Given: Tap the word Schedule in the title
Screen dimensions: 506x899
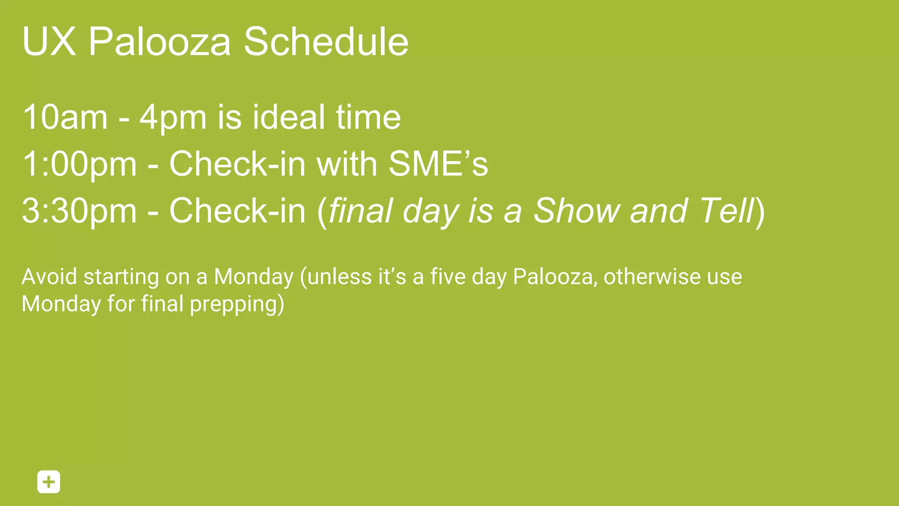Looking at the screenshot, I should (326, 42).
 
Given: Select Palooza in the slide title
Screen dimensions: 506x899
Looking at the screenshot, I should (159, 42).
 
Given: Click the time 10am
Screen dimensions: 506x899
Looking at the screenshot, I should (65, 117).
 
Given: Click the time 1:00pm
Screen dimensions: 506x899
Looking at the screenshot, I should (79, 164).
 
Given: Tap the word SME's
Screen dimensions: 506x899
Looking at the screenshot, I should (438, 163).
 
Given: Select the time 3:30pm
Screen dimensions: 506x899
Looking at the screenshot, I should (79, 211).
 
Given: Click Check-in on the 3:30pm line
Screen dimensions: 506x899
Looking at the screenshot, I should (237, 211).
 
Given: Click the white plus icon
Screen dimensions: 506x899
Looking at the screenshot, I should (49, 482).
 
